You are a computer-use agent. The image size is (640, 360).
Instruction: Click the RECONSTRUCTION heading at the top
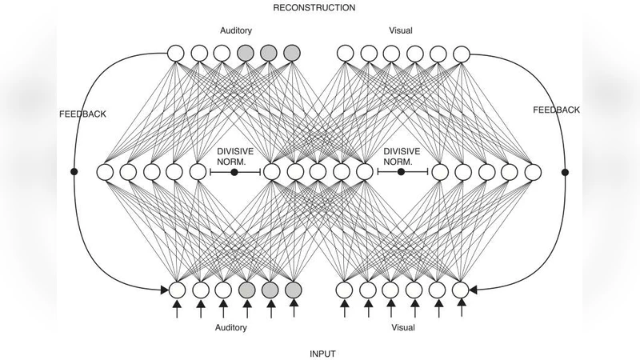(x=314, y=7)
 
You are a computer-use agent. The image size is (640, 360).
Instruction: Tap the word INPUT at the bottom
(x=322, y=352)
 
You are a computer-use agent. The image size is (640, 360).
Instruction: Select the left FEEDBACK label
(x=82, y=114)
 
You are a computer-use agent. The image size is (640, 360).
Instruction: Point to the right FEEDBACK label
(x=556, y=110)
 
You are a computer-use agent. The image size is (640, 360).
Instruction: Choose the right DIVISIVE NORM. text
(x=401, y=155)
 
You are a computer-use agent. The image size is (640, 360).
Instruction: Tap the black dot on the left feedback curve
(x=74, y=172)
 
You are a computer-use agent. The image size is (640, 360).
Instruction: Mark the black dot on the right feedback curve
(x=566, y=172)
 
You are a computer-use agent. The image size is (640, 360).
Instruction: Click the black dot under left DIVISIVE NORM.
(x=234, y=172)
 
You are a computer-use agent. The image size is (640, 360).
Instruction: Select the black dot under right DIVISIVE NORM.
(x=401, y=172)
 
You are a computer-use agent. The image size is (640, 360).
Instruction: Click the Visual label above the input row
(x=402, y=327)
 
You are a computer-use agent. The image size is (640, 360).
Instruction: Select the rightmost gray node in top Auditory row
(x=293, y=54)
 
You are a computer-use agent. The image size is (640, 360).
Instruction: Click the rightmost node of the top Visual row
(x=461, y=54)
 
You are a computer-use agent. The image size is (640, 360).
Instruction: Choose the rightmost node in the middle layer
(x=534, y=172)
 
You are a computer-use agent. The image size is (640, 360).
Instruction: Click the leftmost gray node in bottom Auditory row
(x=246, y=289)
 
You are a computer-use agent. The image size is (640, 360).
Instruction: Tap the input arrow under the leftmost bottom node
(x=177, y=309)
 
